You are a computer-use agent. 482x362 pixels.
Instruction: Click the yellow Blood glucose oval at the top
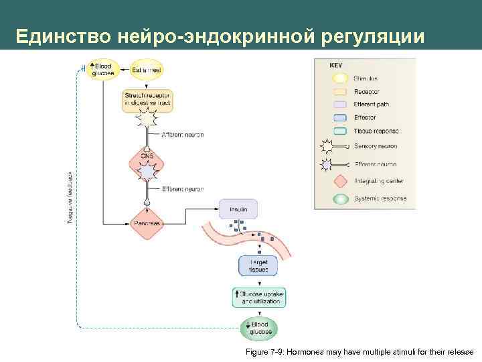102,69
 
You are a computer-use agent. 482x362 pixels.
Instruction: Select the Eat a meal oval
147,69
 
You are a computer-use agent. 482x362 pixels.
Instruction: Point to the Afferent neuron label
182,135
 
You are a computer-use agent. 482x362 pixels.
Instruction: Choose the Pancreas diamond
147,223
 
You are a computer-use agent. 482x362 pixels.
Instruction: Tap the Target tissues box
258,265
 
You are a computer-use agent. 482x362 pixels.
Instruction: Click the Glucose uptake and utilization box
258,298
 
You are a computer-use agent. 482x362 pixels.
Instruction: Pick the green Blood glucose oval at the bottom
259,328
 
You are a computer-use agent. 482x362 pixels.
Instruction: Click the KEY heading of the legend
336,66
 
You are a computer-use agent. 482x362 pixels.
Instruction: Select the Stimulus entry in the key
366,78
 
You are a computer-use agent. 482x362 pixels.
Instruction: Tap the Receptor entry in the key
366,92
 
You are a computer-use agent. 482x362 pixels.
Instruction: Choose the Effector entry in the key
366,117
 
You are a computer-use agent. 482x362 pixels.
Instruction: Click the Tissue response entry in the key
376,131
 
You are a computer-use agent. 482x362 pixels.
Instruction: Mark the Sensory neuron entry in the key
375,146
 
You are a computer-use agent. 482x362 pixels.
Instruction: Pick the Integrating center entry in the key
379,181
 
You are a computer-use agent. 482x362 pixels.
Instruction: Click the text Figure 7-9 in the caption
265,352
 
